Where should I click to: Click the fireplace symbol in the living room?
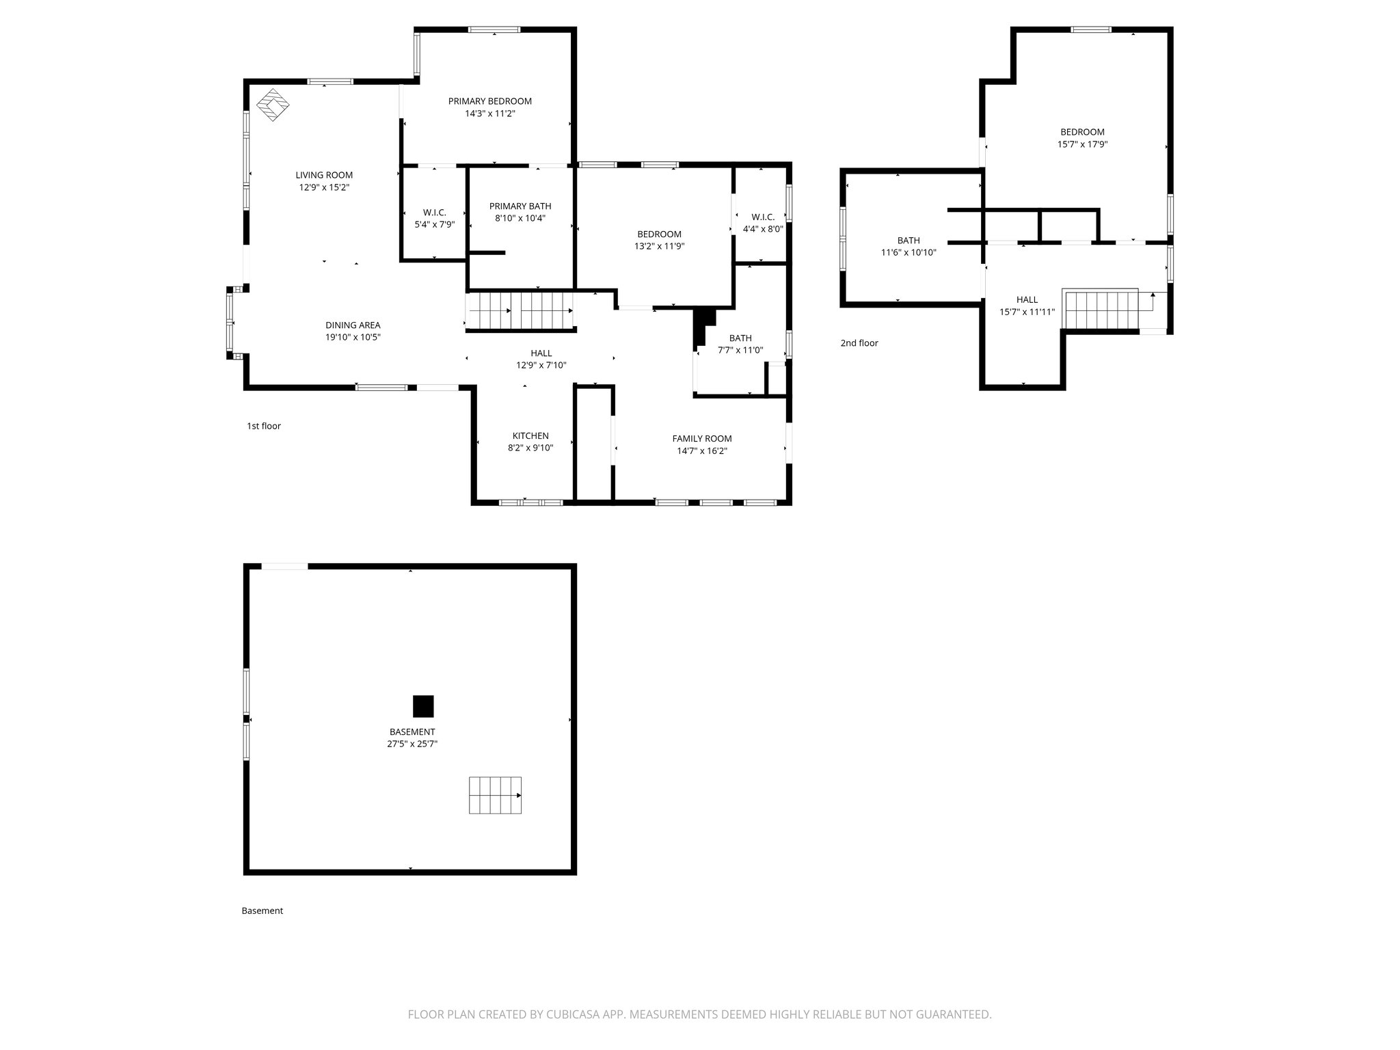(273, 105)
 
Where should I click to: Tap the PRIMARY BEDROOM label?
(489, 101)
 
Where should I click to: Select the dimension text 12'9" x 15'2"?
(324, 187)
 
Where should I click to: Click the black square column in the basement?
(423, 706)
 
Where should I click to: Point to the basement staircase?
(495, 795)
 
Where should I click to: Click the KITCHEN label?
(530, 436)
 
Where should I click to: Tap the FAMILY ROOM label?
(701, 439)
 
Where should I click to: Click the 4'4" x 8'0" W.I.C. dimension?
(763, 230)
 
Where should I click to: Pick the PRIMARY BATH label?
(520, 206)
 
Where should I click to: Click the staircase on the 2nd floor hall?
(1101, 309)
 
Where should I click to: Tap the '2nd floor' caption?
(859, 343)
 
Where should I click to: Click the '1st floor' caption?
(263, 426)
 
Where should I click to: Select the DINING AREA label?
(353, 325)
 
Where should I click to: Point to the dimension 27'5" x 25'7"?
(412, 744)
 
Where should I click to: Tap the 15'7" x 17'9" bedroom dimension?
(1082, 144)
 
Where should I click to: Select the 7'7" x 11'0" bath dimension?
(740, 350)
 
